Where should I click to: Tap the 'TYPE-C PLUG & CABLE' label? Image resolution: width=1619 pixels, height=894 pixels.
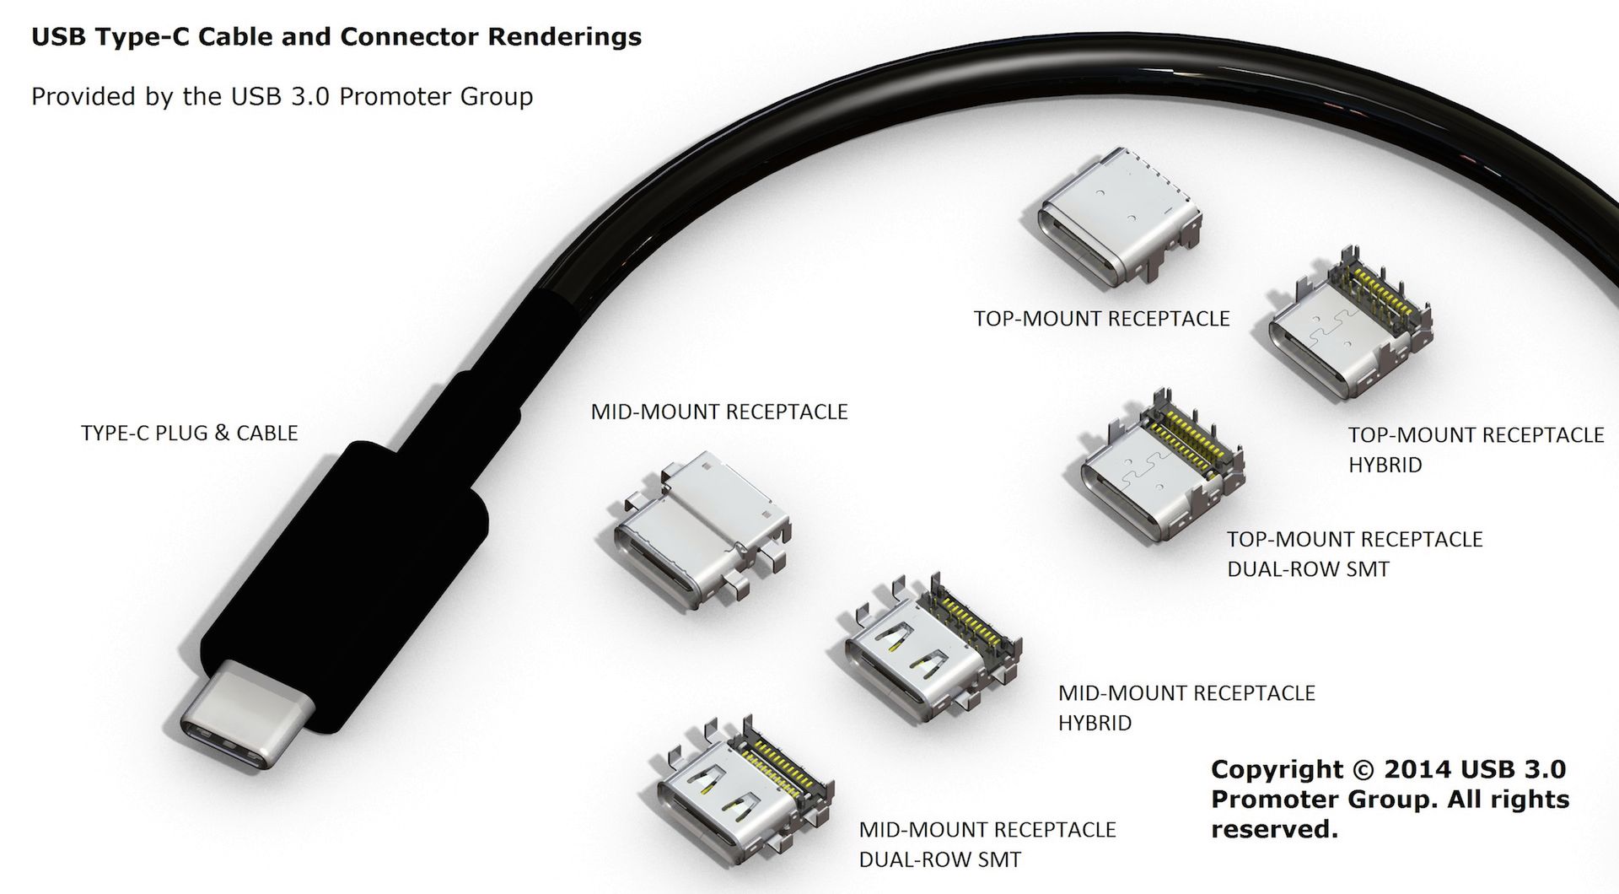tap(189, 433)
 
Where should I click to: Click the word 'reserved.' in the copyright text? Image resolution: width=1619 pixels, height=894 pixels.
tap(1274, 830)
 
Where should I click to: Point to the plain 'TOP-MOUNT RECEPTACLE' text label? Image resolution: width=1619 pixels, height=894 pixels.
tap(1101, 319)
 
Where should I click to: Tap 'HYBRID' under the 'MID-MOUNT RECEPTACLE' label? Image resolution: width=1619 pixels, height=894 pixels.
tap(1095, 723)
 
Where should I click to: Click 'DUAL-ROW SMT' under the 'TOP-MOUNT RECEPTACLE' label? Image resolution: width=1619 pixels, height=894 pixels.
tap(1307, 569)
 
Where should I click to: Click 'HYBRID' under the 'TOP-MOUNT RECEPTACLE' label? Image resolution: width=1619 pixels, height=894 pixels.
tap(1385, 465)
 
